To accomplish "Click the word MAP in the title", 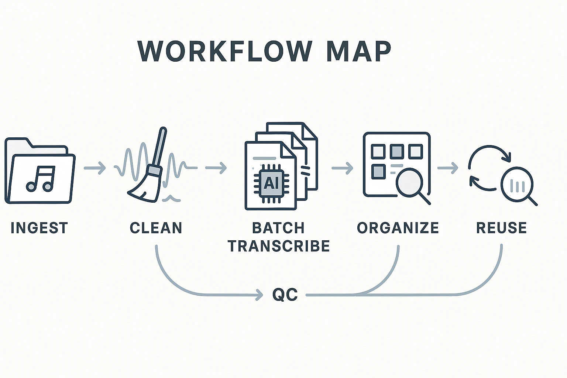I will point(358,51).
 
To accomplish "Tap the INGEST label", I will point(39,228).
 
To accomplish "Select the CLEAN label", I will point(156,228).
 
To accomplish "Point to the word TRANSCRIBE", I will point(279,246).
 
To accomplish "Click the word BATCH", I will point(278,228).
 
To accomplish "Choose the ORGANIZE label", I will point(398,228).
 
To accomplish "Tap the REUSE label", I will point(501,228).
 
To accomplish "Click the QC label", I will point(285,295).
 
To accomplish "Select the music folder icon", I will point(39,171).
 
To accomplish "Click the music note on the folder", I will point(41,179).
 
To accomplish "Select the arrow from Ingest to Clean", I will point(95,168).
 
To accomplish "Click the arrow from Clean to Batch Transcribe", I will point(216,168).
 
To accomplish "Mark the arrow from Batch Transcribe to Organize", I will point(342,168).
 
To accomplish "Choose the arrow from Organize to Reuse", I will point(447,168).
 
